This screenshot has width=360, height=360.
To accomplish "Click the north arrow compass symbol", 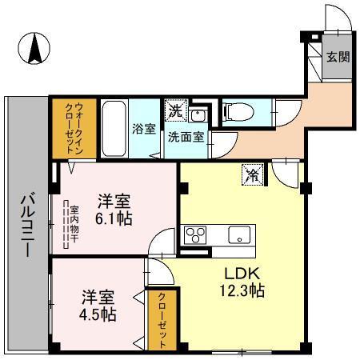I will pyautogui.click(x=36, y=50).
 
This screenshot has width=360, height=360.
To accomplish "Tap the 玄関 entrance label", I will pyautogui.click(x=336, y=58).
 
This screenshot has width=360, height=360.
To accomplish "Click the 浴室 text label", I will pyautogui.click(x=144, y=128).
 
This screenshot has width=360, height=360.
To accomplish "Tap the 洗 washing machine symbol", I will pyautogui.click(x=174, y=108).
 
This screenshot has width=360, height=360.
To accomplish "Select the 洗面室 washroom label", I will pyautogui.click(x=185, y=135).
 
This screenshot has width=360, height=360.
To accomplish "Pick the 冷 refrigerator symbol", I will pyautogui.click(x=252, y=173).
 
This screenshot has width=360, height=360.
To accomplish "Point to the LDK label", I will pyautogui.click(x=240, y=272).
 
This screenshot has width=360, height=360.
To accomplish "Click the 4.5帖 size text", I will pyautogui.click(x=98, y=314).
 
